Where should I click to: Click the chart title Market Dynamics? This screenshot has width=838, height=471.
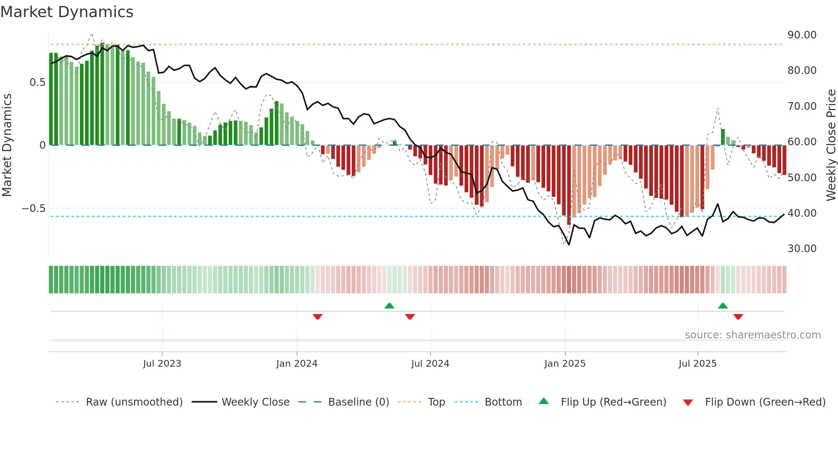coord(67,12)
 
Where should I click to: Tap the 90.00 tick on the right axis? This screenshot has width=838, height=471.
coord(802,35)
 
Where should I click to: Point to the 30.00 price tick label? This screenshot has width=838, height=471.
coord(802,249)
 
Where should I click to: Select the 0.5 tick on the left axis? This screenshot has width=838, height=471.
coord(37,82)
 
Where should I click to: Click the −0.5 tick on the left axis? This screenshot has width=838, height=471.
coord(33,209)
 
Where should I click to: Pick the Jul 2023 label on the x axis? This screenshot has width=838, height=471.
coord(162,364)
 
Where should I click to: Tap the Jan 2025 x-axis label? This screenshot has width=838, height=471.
coord(565,364)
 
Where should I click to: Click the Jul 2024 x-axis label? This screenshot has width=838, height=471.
coord(430,364)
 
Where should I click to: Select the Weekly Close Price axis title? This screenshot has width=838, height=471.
coord(831,145)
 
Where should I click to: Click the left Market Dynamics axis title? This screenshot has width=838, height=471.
coord(7,145)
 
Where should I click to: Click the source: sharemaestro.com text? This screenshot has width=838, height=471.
coord(752,335)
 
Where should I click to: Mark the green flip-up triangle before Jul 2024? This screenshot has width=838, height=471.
coord(389,306)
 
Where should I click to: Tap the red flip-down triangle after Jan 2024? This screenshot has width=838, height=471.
coord(317,317)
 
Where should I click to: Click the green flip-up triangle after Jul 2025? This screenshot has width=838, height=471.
coord(723,306)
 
